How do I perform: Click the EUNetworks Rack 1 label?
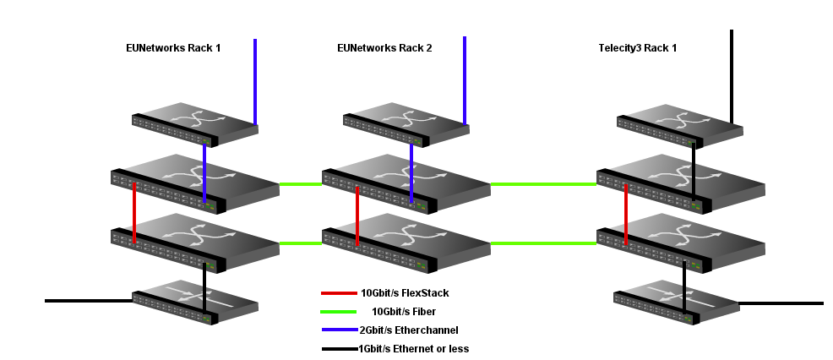coord(173,48)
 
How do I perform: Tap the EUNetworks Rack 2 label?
coord(384,48)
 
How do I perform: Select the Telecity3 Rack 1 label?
coord(638,48)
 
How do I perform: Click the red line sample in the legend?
coord(339,293)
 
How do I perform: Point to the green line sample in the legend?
coord(339,311)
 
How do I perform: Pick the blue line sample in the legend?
coord(339,330)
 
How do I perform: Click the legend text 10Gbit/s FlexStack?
coord(405,293)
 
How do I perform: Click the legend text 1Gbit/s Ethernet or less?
coord(413,348)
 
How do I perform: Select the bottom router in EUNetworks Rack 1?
coord(194,302)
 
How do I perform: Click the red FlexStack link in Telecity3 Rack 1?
coord(626,215)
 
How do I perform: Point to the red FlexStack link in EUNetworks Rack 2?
coord(358,215)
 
